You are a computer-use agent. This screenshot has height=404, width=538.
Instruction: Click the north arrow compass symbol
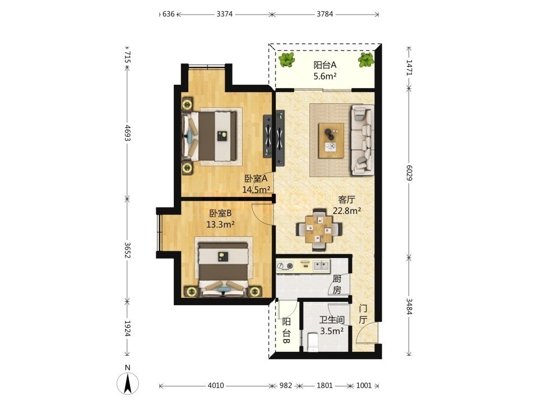128,383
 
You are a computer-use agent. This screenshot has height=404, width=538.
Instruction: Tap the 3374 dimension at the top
224,14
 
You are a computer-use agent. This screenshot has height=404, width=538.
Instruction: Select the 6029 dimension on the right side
409,173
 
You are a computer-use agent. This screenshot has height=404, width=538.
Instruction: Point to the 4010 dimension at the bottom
216,385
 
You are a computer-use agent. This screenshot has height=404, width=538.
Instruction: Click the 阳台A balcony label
324,65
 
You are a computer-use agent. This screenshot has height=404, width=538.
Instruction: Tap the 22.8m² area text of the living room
347,210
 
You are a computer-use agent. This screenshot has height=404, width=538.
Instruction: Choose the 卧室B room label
220,213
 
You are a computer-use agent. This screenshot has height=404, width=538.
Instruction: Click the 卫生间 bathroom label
332,320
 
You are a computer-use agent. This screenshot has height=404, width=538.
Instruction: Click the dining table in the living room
319,228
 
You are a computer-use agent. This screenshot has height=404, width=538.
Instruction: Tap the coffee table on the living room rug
331,140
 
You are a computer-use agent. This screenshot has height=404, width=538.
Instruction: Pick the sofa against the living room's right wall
363,140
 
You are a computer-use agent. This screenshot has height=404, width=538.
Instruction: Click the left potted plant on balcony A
286,60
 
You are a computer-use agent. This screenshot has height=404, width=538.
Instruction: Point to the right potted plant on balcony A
365,60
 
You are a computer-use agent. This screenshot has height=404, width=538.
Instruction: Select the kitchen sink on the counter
321,265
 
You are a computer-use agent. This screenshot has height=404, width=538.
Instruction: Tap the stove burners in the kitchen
285,265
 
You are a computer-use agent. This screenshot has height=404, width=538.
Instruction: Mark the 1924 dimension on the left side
127,329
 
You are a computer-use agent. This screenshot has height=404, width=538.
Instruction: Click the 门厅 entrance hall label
363,314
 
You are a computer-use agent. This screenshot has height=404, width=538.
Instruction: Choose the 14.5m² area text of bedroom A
256,190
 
